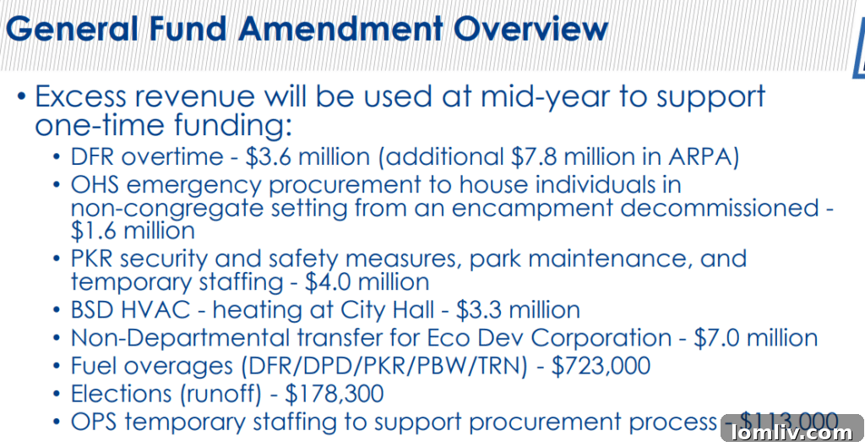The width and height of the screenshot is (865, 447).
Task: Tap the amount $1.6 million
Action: coord(133,230)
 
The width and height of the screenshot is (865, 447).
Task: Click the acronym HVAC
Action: coord(161,309)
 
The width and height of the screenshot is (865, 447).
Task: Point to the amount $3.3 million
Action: coord(518,309)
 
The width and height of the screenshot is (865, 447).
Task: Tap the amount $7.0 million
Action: coord(755,338)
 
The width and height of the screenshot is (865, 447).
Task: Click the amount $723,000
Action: coord(601,366)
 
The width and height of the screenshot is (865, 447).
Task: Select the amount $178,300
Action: coord(333,394)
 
